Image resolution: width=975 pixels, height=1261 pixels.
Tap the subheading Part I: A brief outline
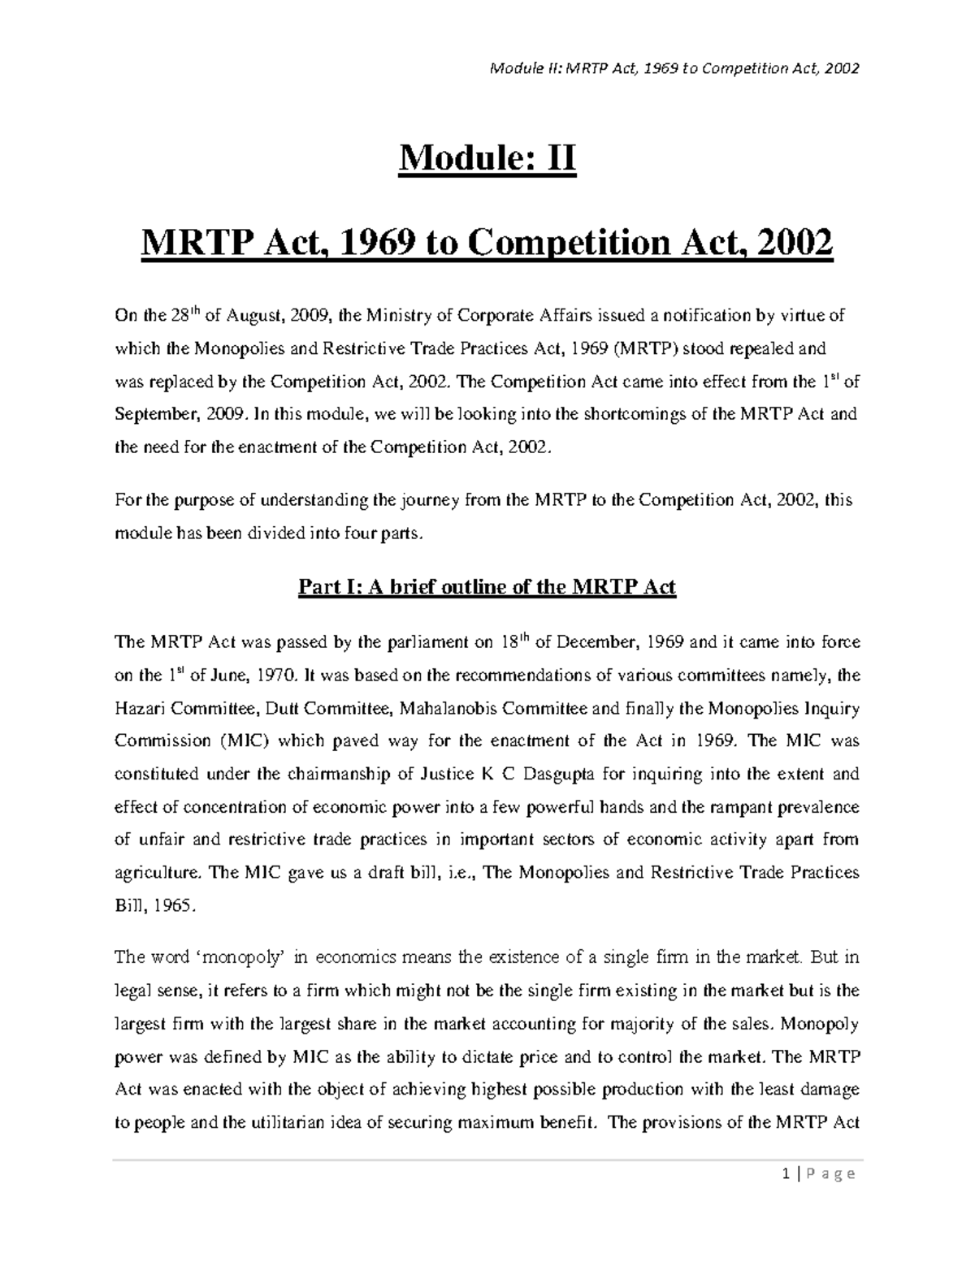487,586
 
